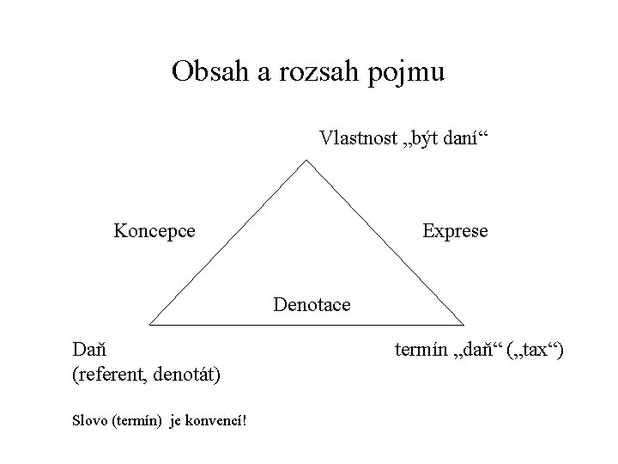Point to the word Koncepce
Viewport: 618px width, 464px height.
click(154, 231)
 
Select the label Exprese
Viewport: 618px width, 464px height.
click(454, 231)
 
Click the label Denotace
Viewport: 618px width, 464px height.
click(312, 303)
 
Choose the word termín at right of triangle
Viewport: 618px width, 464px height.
click(421, 351)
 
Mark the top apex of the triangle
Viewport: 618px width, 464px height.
click(308, 160)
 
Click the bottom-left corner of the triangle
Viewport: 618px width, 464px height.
click(150, 325)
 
